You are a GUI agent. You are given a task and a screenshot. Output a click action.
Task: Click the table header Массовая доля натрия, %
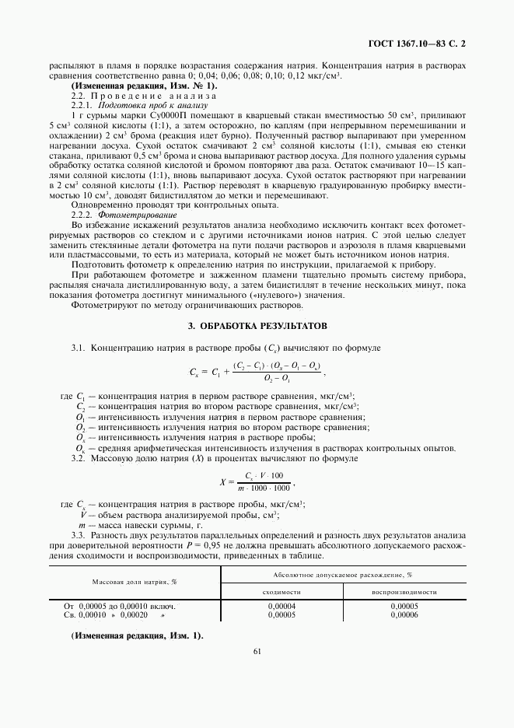coord(135,581)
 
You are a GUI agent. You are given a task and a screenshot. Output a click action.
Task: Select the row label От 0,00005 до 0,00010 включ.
coord(120,605)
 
